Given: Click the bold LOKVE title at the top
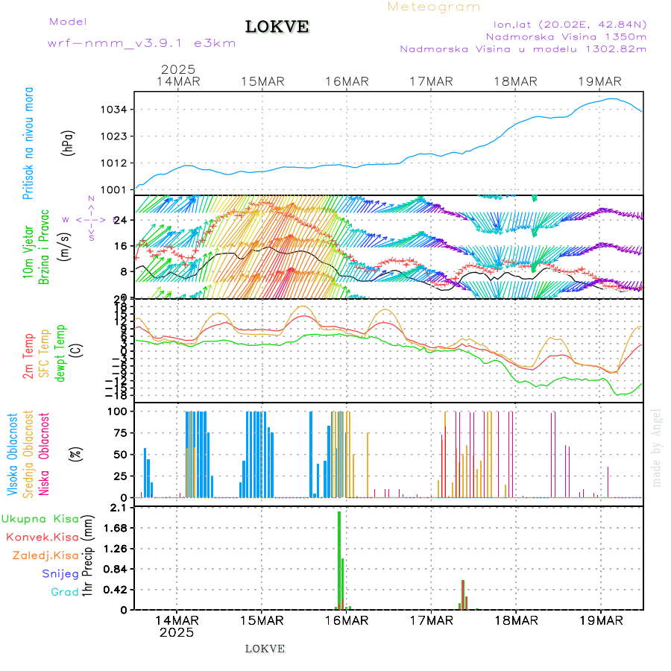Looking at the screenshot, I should (277, 28).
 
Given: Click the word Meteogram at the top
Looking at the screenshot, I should (434, 7).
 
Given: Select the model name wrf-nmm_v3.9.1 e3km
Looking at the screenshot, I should (142, 43).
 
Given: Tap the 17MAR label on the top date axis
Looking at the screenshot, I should (432, 81).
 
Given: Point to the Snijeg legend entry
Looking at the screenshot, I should (56, 573).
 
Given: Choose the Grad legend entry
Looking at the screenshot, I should (64, 592).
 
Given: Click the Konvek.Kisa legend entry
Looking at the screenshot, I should (42, 537).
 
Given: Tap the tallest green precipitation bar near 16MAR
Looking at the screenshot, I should (339, 559).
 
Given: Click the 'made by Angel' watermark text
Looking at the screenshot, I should (657, 447).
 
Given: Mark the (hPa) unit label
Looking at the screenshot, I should (69, 142).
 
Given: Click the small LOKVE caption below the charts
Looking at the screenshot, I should (265, 649).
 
